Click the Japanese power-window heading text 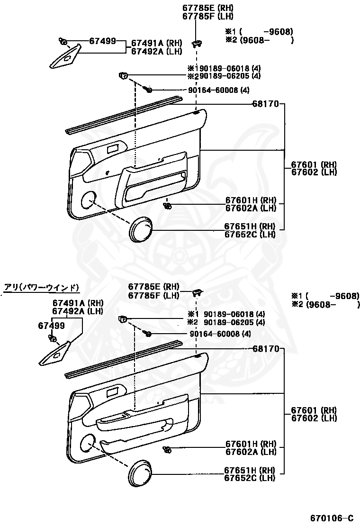click(41, 287)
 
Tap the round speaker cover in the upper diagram click(141, 230)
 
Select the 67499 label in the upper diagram click(102, 41)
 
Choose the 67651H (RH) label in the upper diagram click(250, 227)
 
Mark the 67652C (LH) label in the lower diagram click(250, 478)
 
